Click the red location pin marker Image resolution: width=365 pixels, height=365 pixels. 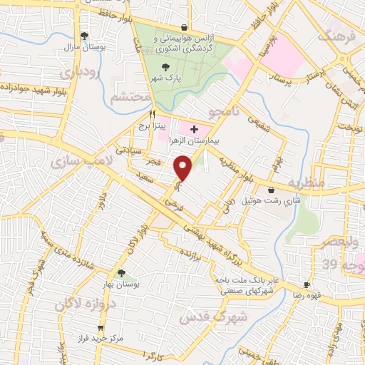[184, 168]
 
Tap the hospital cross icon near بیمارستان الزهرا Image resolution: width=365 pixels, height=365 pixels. [194, 129]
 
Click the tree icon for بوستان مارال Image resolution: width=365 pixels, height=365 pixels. [85, 35]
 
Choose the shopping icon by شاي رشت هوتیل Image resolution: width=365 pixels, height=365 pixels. [272, 190]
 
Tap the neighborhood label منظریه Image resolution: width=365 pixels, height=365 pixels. [327, 183]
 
